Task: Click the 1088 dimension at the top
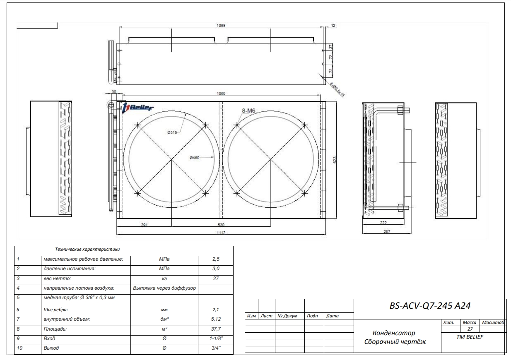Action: (x=222, y=25)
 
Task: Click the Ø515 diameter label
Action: (x=172, y=132)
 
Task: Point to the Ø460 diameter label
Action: (x=195, y=158)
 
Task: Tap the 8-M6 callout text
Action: (x=249, y=110)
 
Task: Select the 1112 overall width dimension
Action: (x=222, y=233)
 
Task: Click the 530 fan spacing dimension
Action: (x=221, y=225)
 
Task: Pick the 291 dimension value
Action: (x=145, y=225)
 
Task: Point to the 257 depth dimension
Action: (x=387, y=232)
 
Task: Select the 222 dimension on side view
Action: (x=383, y=223)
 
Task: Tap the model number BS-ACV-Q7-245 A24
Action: (x=430, y=306)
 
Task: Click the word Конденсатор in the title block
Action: (x=394, y=333)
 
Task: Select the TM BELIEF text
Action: (x=470, y=337)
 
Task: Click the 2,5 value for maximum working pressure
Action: (x=216, y=259)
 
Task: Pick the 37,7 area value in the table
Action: (x=216, y=329)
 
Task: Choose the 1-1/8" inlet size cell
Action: (x=216, y=338)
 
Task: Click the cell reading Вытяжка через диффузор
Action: (x=164, y=288)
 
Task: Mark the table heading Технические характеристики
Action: (x=87, y=250)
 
